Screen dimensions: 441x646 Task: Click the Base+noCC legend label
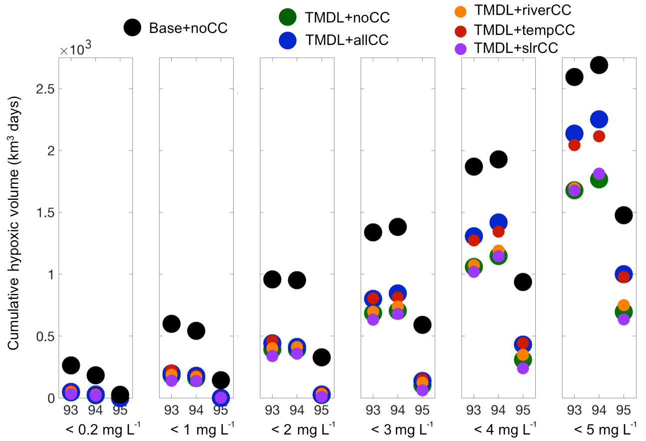pyautogui.click(x=188, y=28)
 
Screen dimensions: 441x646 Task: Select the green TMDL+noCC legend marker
pyautogui.click(x=289, y=17)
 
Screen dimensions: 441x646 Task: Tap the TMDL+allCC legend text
pyautogui.click(x=346, y=40)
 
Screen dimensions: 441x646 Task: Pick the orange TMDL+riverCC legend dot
pyautogui.click(x=462, y=10)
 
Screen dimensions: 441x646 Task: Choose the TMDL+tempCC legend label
pyautogui.click(x=525, y=30)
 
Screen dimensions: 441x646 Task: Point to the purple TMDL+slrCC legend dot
pyautogui.click(x=462, y=49)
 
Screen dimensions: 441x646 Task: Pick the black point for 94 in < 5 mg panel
pyautogui.click(x=599, y=64)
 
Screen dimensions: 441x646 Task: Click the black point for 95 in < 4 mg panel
pyautogui.click(x=523, y=282)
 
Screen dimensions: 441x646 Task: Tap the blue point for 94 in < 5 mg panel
pyautogui.click(x=599, y=119)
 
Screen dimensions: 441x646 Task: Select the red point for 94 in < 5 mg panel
pyautogui.click(x=599, y=136)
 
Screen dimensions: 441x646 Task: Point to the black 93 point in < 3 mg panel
pyautogui.click(x=373, y=232)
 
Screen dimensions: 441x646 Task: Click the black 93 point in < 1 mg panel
pyautogui.click(x=171, y=324)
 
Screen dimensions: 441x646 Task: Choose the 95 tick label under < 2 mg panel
pyautogui.click(x=322, y=411)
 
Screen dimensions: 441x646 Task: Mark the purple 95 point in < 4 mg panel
pyautogui.click(x=523, y=368)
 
